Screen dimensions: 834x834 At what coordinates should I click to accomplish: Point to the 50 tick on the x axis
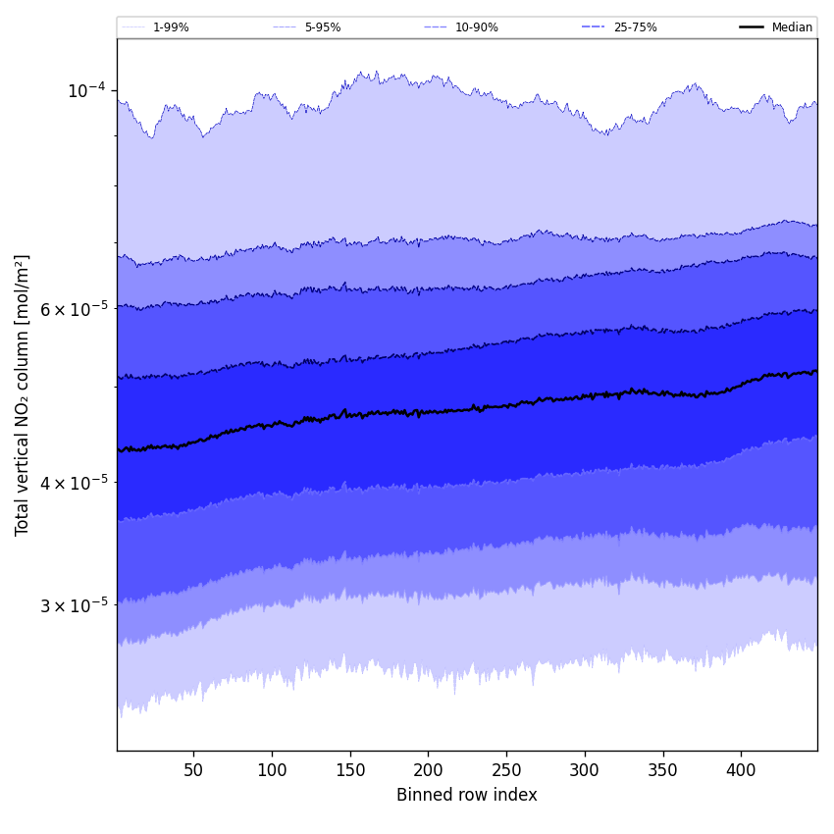[193, 770]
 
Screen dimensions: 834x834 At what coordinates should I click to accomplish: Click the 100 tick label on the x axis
[272, 770]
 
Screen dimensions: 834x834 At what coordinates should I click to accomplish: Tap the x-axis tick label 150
[350, 770]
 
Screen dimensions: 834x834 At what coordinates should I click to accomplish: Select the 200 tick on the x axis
[428, 770]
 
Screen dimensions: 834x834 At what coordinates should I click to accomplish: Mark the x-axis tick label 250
[506, 770]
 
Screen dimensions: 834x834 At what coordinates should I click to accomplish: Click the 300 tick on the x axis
[585, 770]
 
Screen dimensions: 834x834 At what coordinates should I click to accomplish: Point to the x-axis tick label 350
[663, 770]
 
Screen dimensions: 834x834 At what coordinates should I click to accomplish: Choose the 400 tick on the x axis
[741, 770]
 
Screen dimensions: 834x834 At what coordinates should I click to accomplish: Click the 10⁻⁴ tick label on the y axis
[85, 90]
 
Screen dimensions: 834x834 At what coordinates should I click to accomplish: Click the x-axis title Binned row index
[467, 795]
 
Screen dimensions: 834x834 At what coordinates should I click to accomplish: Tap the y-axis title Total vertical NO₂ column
[23, 394]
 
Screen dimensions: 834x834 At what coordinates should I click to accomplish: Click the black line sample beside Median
[752, 27]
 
